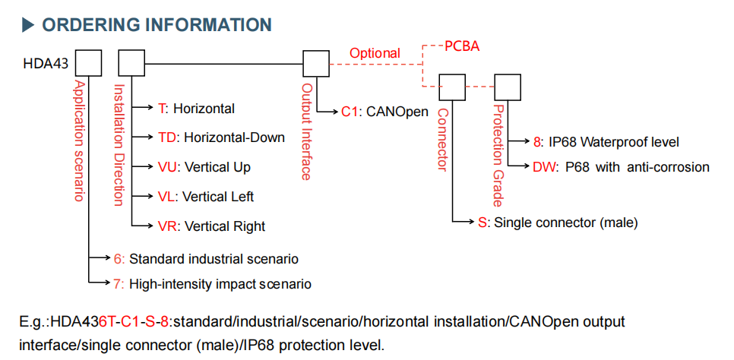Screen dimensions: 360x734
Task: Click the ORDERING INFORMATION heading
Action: pyautogui.click(x=157, y=24)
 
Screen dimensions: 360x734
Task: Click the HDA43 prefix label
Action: pyautogui.click(x=45, y=64)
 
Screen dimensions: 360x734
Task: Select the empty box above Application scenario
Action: pyautogui.click(x=89, y=63)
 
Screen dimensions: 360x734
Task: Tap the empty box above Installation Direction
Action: pyautogui.click(x=131, y=63)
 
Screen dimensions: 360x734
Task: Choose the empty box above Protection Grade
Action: pyautogui.click(x=508, y=87)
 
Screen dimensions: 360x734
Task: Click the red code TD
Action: pyautogui.click(x=168, y=137)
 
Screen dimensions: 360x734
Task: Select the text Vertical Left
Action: pyautogui.click(x=219, y=197)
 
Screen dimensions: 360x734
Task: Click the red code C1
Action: pyautogui.click(x=350, y=112)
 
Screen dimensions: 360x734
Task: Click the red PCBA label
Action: pyautogui.click(x=461, y=46)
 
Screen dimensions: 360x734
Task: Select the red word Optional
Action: pyautogui.click(x=375, y=53)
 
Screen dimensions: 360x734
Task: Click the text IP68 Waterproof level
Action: pyautogui.click(x=613, y=142)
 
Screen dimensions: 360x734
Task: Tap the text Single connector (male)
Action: pyautogui.click(x=565, y=223)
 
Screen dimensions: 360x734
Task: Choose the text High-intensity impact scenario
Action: pyautogui.click(x=220, y=284)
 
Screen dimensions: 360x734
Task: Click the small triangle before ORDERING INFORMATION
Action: pyautogui.click(x=29, y=25)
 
